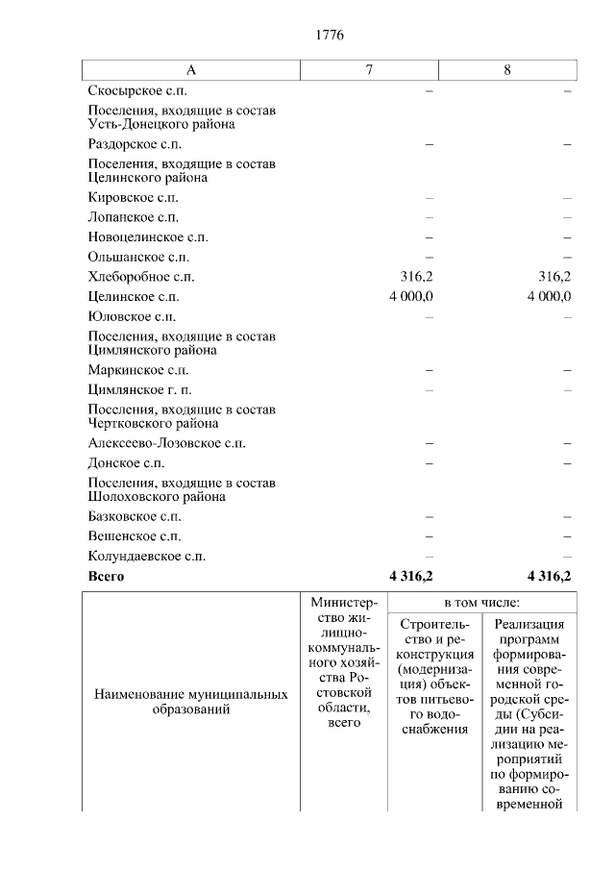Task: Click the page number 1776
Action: tap(329, 35)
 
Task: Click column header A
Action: tap(190, 70)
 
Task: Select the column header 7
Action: tap(370, 70)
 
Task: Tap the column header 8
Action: tap(507, 70)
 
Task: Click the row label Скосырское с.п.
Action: tap(134, 90)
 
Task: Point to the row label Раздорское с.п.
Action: tap(134, 144)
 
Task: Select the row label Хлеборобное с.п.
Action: tap(140, 277)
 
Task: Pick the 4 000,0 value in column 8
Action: tap(549, 297)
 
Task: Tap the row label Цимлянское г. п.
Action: tap(139, 389)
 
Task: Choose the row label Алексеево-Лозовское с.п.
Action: tap(166, 443)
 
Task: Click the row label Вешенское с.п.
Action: tap(134, 536)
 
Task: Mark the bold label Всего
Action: tap(106, 577)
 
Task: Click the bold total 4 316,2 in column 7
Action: tap(411, 577)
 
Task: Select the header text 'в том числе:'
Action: tap(481, 603)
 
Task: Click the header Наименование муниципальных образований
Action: tap(190, 702)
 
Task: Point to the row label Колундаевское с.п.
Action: tap(146, 557)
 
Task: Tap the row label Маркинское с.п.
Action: tap(137, 370)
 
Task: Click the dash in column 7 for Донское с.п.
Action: tap(430, 463)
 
